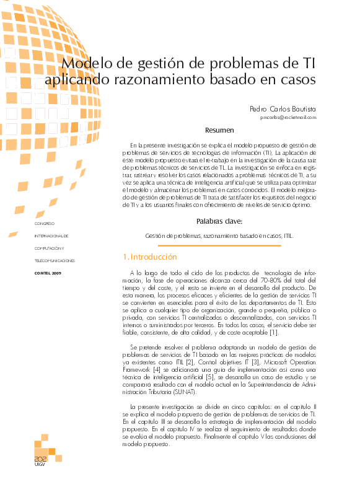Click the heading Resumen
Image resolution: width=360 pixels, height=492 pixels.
pyautogui.click(x=220, y=130)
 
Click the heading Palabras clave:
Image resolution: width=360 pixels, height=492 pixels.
pyautogui.click(x=219, y=221)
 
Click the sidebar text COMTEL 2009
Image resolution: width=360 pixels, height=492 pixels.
pyautogui.click(x=48, y=273)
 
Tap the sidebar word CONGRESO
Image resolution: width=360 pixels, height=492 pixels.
pyautogui.click(x=45, y=223)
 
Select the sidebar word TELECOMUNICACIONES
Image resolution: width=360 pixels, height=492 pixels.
pyautogui.click(x=55, y=261)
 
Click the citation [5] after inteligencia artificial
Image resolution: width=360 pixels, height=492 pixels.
pyautogui.click(x=212, y=377)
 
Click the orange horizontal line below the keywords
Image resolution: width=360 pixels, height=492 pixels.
pyautogui.click(x=219, y=245)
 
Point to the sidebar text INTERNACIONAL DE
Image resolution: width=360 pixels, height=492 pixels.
pyautogui.click(x=51, y=236)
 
